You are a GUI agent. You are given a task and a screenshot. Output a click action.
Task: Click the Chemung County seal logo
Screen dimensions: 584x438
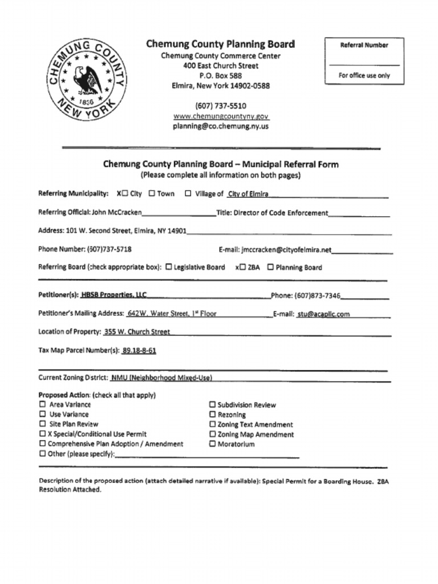pyautogui.click(x=86, y=81)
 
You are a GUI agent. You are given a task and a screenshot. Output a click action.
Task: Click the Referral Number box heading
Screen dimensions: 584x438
pyautogui.click(x=364, y=45)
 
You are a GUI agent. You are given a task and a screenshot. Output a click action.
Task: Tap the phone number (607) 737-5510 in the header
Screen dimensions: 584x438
pyautogui.click(x=221, y=106)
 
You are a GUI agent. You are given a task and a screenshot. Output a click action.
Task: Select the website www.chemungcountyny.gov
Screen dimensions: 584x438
pyautogui.click(x=221, y=116)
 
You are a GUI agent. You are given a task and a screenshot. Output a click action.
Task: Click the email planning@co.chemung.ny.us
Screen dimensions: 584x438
pyautogui.click(x=221, y=126)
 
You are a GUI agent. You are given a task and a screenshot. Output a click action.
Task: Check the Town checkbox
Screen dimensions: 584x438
pyautogui.click(x=152, y=193)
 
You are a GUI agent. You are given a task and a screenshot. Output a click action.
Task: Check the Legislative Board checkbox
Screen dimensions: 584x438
pyautogui.click(x=169, y=267)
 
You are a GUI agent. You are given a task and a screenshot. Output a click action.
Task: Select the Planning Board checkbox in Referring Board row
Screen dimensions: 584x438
pyautogui.click(x=270, y=267)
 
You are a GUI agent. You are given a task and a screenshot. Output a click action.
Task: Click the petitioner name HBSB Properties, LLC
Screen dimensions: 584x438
pyautogui.click(x=114, y=295)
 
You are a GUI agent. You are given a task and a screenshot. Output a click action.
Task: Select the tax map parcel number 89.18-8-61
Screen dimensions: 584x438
pyautogui.click(x=139, y=351)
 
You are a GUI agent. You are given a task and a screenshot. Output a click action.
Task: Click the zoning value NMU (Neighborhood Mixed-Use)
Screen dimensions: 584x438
pyautogui.click(x=161, y=378)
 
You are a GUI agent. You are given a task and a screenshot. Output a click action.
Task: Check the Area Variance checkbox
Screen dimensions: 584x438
pyautogui.click(x=42, y=404)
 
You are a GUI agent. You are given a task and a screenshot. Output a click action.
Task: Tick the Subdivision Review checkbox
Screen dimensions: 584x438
pyautogui.click(x=213, y=405)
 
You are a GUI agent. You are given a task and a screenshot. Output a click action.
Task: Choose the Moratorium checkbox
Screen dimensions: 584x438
pyautogui.click(x=213, y=444)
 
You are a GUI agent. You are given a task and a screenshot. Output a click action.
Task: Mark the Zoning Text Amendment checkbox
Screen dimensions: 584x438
pyautogui.click(x=213, y=424)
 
